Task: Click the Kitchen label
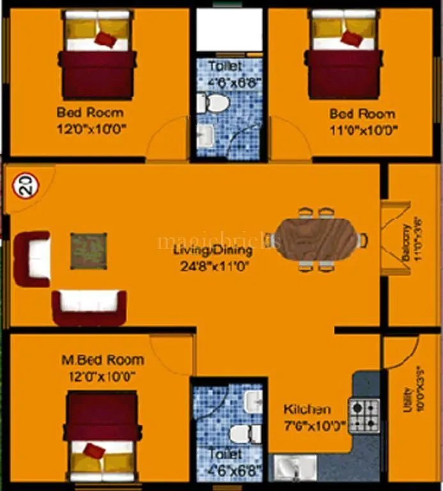click(307, 409)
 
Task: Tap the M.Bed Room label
click(102, 360)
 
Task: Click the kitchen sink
click(295, 467)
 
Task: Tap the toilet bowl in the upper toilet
click(212, 102)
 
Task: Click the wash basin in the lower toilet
click(253, 401)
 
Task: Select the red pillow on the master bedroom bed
click(94, 451)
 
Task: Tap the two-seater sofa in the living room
click(89, 308)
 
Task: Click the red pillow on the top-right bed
click(351, 38)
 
